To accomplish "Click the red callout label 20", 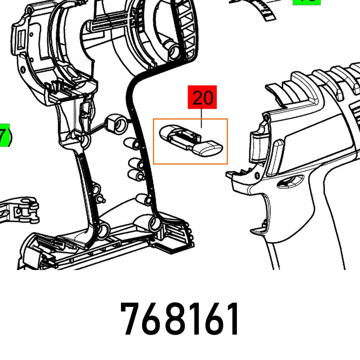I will pyautogui.click(x=202, y=97).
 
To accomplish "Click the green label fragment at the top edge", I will pyautogui.click(x=306, y=2).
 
